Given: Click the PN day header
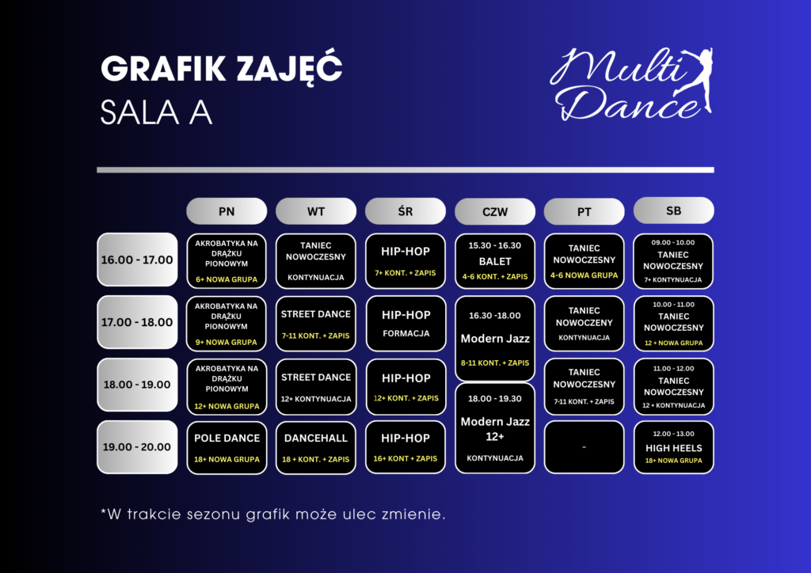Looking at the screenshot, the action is (x=227, y=211).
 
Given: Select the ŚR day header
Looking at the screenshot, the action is (x=405, y=211).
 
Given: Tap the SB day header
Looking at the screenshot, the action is (x=673, y=211).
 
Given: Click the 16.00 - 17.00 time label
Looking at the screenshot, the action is (x=137, y=260).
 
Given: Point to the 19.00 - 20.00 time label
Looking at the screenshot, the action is (x=137, y=447).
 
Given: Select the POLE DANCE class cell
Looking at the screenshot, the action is (x=227, y=447).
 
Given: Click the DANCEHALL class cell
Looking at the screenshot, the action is (x=316, y=447).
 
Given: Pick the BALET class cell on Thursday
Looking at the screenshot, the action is (x=495, y=261).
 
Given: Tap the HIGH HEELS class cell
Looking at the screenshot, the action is (x=673, y=447).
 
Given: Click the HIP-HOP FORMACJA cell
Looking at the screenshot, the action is (x=406, y=324).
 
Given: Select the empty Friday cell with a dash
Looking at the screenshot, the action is (x=584, y=447).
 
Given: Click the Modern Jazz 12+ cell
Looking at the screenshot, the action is (x=495, y=428).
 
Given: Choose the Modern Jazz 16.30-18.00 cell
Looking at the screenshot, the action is (x=495, y=339).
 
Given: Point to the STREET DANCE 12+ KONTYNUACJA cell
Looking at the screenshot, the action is (x=316, y=387).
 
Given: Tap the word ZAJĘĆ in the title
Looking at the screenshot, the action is (x=289, y=69).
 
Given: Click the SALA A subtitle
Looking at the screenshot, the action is (x=156, y=112).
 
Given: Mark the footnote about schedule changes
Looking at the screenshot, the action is (x=272, y=514).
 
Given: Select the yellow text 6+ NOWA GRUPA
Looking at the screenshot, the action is (x=227, y=279).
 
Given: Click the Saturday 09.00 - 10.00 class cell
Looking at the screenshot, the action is (x=673, y=261).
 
